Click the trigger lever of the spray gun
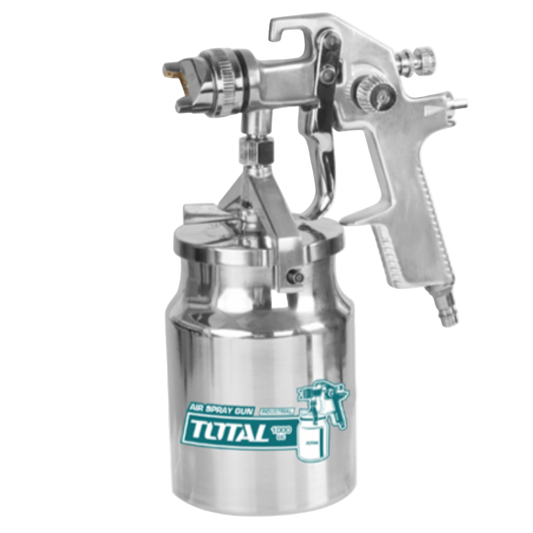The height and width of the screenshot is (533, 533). tap(322, 160)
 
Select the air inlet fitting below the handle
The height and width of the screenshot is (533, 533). tap(445, 309)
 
